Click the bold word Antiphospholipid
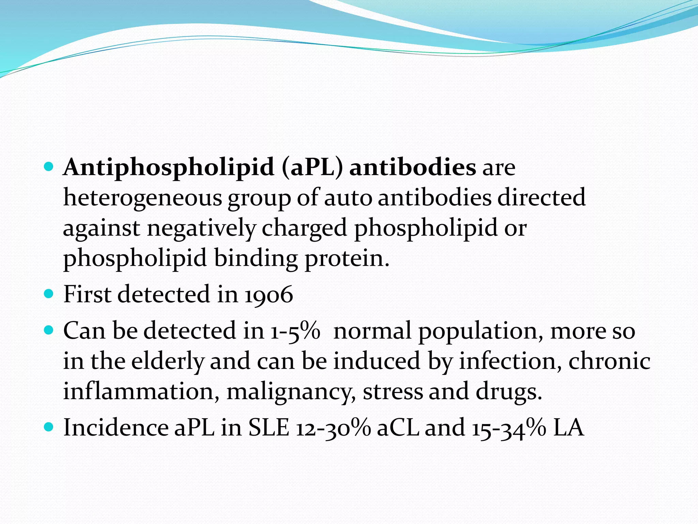169,167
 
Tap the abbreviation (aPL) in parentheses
312,167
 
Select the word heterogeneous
143,198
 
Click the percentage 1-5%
295,331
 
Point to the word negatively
201,228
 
